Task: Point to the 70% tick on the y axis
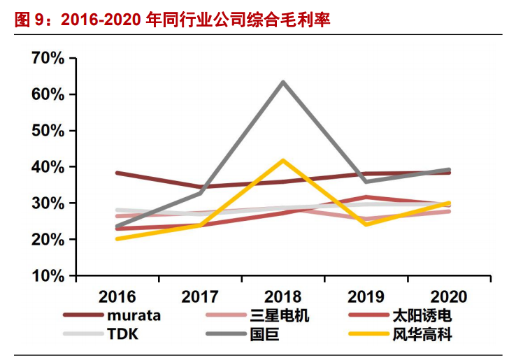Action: click(x=48, y=58)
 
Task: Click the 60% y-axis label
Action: click(x=48, y=94)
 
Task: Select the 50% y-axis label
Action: click(x=48, y=131)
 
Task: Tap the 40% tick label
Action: click(x=48, y=167)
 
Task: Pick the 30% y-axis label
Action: click(x=48, y=203)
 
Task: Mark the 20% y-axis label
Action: click(x=48, y=240)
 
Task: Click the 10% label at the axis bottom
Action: click(x=48, y=276)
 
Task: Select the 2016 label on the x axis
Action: click(x=117, y=296)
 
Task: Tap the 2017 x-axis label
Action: click(x=200, y=296)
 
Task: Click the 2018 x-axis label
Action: click(x=282, y=296)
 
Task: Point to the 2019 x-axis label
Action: click(x=366, y=296)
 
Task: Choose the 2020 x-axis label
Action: click(x=448, y=296)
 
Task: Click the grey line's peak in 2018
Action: click(x=282, y=82)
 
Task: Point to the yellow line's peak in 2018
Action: click(x=282, y=161)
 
